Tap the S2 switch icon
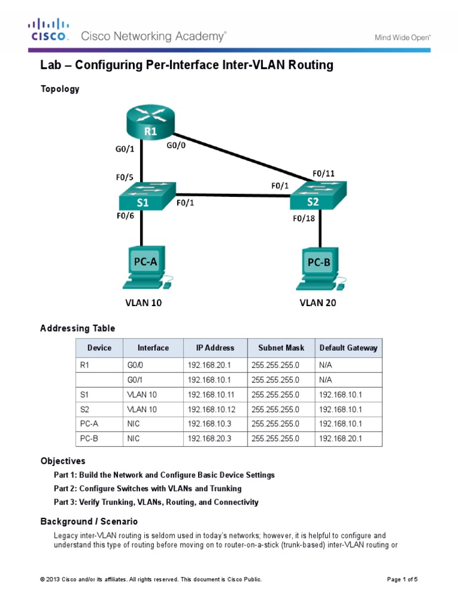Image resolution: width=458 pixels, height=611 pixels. [316, 197]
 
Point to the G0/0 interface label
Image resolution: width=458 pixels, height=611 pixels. [177, 144]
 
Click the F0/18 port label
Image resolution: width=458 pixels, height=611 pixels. [304, 218]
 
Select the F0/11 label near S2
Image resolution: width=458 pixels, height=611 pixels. [324, 174]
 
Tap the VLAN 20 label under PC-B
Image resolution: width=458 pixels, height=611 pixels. [317, 303]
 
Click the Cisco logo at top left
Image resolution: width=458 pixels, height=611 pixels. [49, 30]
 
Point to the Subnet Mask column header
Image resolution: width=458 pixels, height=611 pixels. [281, 348]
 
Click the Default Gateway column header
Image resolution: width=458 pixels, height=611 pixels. [348, 348]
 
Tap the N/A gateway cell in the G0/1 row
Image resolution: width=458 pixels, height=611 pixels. [326, 379]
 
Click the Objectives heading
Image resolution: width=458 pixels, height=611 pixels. [63, 461]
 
